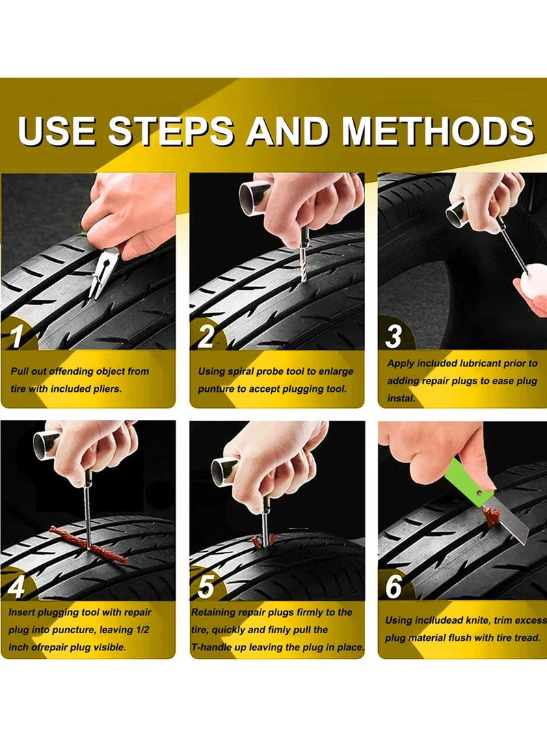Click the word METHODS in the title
(438, 131)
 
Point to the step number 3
(394, 337)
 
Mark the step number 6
(394, 586)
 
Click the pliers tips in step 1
(94, 291)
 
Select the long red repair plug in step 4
(89, 544)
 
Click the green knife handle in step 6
(468, 482)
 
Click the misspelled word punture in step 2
(217, 389)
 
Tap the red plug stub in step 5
(263, 540)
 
